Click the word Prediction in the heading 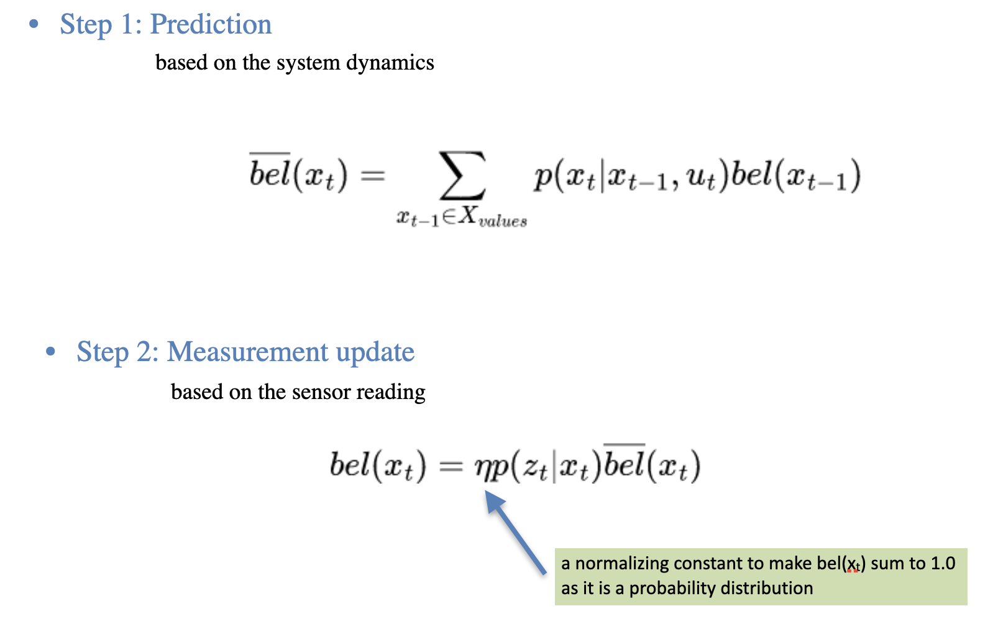click(211, 24)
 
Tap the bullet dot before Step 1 click(34, 24)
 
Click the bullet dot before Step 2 click(50, 352)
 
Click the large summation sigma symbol click(462, 175)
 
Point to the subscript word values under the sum click(503, 221)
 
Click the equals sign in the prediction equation click(372, 176)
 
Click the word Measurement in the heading click(247, 352)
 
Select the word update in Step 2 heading click(375, 352)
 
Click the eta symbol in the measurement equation click(483, 468)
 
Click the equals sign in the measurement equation click(451, 466)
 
